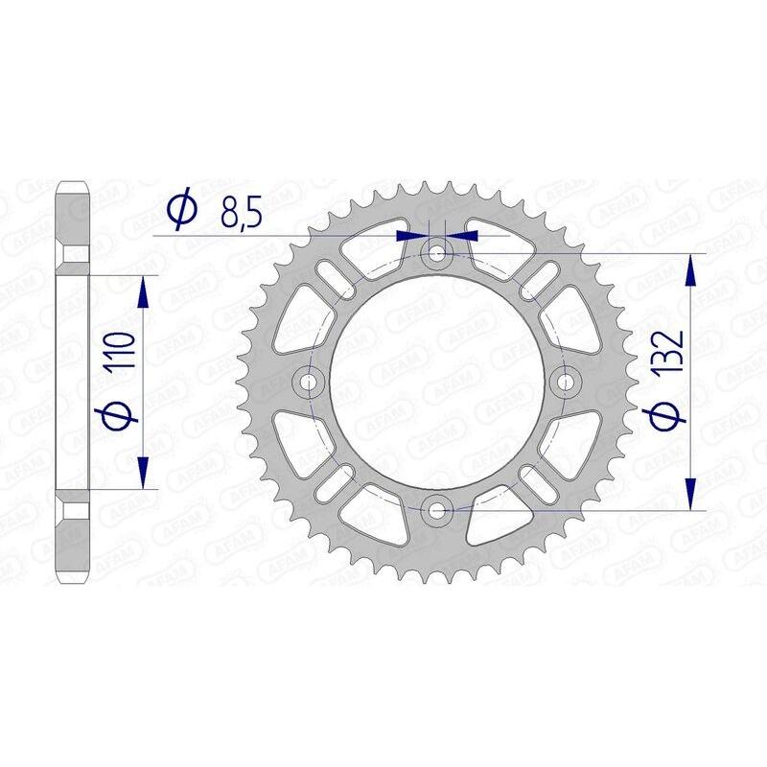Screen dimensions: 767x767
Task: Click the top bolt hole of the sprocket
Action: [438, 254]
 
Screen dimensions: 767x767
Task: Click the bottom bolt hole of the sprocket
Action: [438, 509]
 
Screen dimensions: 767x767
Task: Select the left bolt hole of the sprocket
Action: [310, 382]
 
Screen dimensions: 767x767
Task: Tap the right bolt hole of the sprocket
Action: [566, 382]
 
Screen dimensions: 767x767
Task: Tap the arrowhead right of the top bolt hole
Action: [465, 234]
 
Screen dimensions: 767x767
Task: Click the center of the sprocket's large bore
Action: [438, 382]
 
